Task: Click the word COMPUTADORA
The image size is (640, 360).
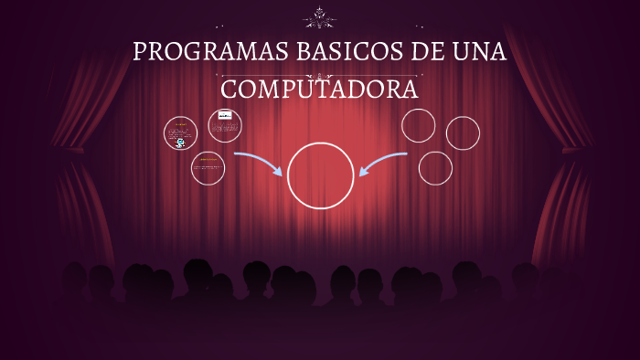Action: click(320, 89)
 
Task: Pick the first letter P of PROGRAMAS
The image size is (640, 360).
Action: click(140, 52)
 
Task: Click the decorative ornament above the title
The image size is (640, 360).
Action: click(320, 16)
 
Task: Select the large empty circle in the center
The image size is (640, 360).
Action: click(320, 175)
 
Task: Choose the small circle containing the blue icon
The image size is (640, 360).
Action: click(181, 132)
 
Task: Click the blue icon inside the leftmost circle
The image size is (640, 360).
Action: click(181, 143)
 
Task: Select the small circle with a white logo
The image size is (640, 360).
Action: click(225, 125)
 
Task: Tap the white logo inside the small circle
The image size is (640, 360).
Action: click(225, 116)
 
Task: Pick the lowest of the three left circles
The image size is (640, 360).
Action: click(208, 168)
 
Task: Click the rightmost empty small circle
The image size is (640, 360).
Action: click(463, 132)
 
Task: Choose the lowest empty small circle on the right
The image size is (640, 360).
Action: click(435, 168)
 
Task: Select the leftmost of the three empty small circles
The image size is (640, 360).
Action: click(419, 125)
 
